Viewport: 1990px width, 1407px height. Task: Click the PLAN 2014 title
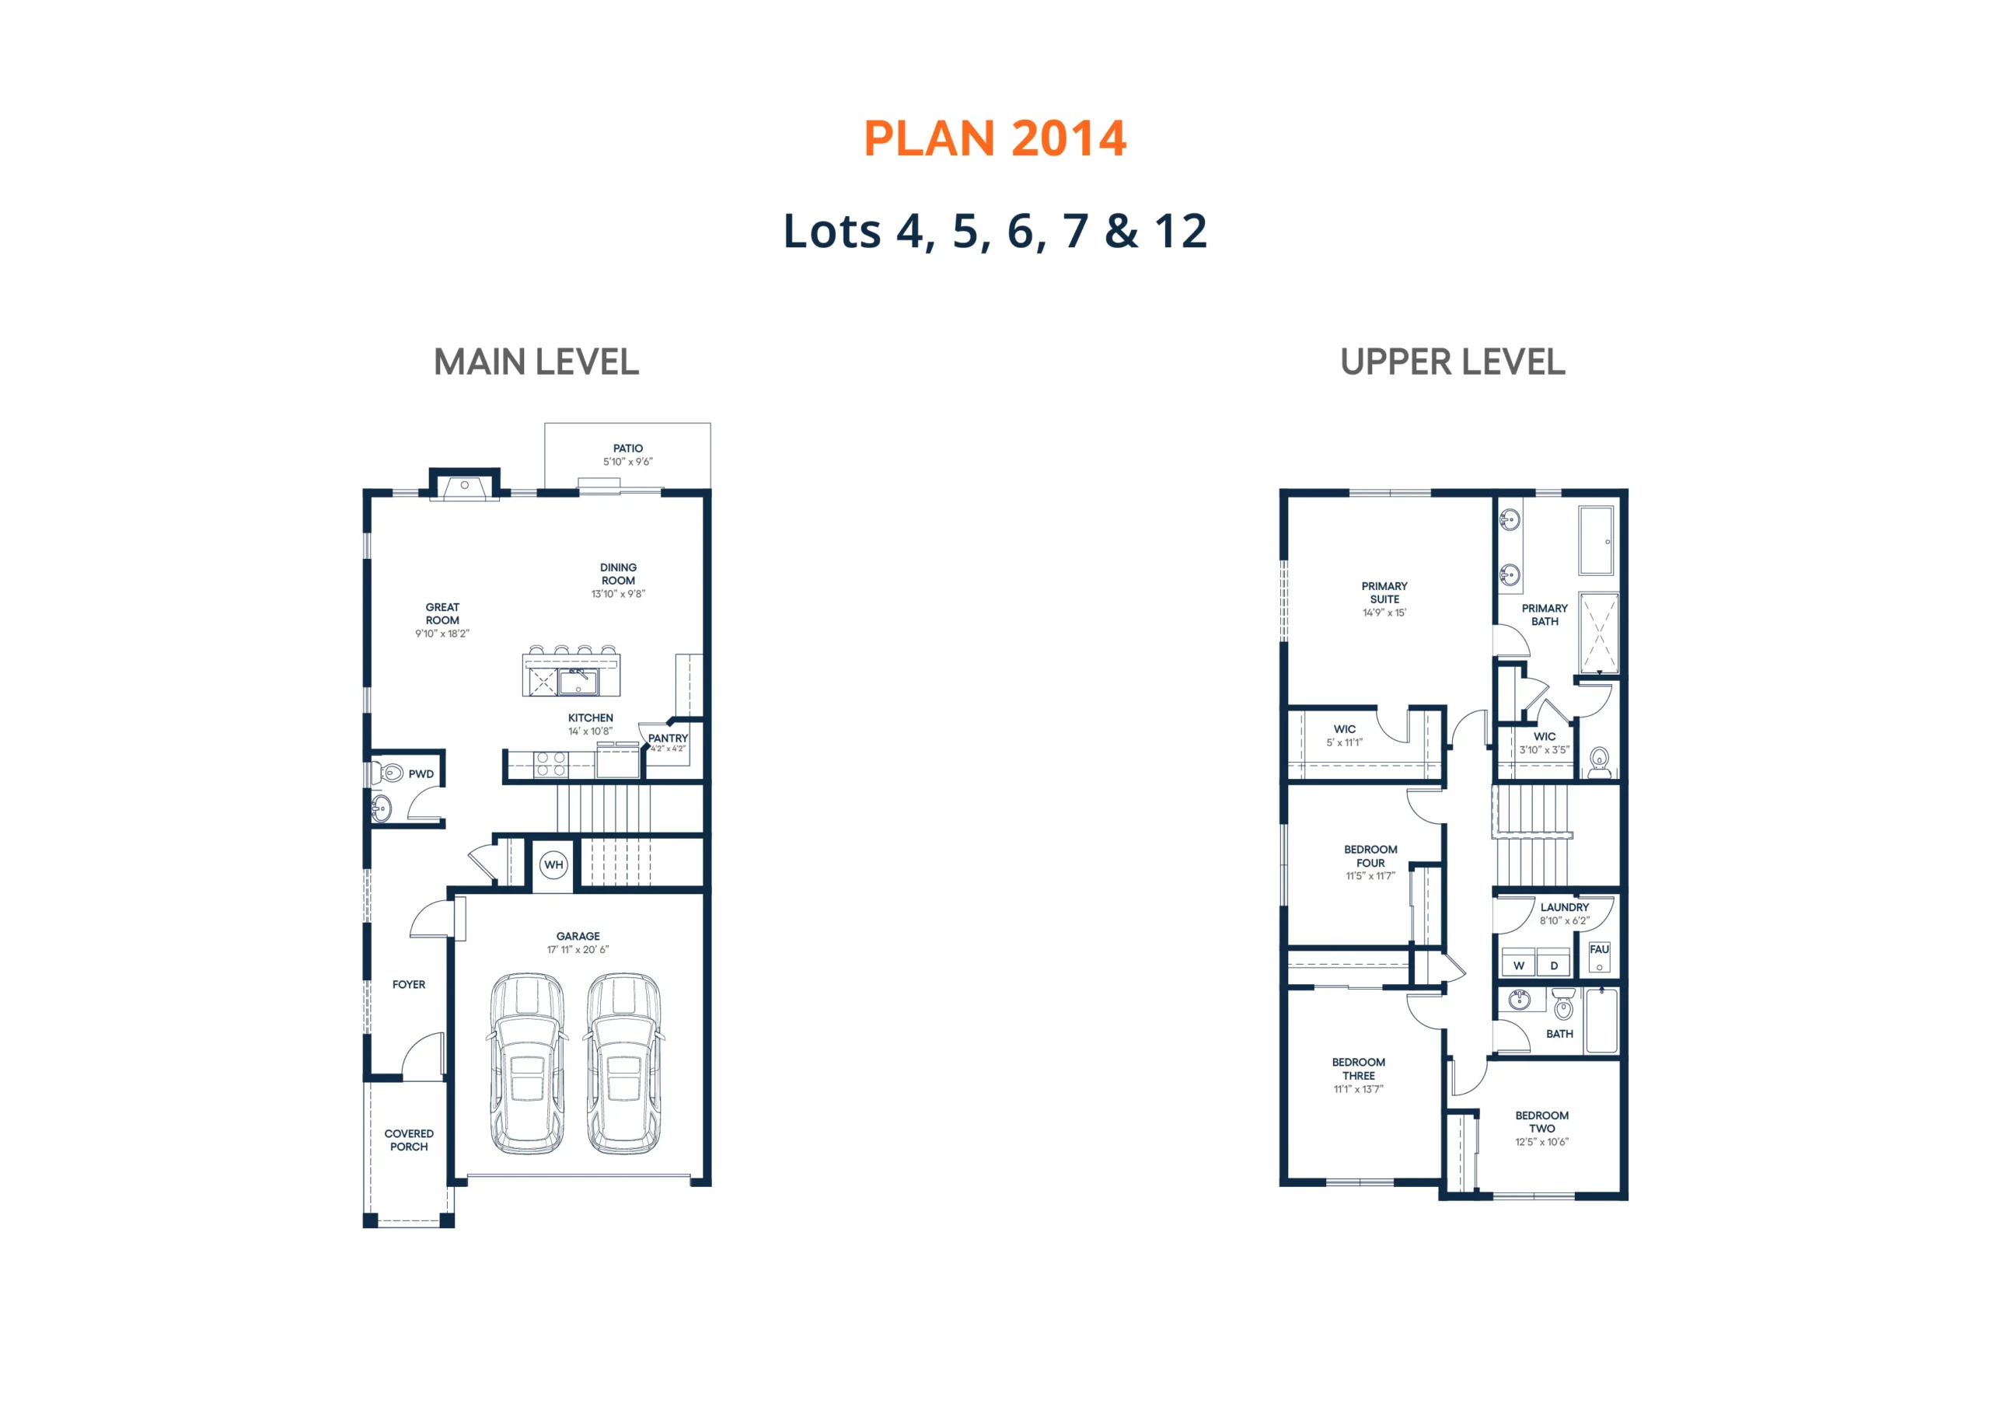(x=995, y=138)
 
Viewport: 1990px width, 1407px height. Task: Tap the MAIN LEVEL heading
(x=536, y=361)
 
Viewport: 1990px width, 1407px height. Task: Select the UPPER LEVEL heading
(x=1453, y=361)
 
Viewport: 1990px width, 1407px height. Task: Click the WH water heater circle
(x=553, y=864)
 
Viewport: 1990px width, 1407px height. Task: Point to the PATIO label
(x=628, y=449)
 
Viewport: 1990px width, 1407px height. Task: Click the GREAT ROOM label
(x=442, y=614)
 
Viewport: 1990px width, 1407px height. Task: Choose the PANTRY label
(x=668, y=738)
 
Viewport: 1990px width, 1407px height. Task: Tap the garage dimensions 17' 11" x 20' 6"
(x=578, y=949)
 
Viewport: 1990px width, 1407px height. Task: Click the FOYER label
(x=409, y=984)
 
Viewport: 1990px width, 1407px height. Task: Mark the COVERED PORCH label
(x=409, y=1140)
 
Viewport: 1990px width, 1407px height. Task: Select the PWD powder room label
(x=421, y=774)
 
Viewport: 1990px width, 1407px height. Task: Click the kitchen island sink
(x=578, y=682)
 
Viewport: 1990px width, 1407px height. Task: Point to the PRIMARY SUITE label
(x=1384, y=592)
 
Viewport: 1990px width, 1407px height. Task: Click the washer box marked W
(x=1518, y=963)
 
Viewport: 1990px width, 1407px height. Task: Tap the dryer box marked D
(x=1554, y=963)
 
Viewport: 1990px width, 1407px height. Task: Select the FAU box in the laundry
(x=1599, y=957)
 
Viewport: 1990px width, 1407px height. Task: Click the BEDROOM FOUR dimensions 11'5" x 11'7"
(x=1370, y=875)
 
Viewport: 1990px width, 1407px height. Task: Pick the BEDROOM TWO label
(x=1542, y=1122)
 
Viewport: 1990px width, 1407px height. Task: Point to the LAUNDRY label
(x=1565, y=907)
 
